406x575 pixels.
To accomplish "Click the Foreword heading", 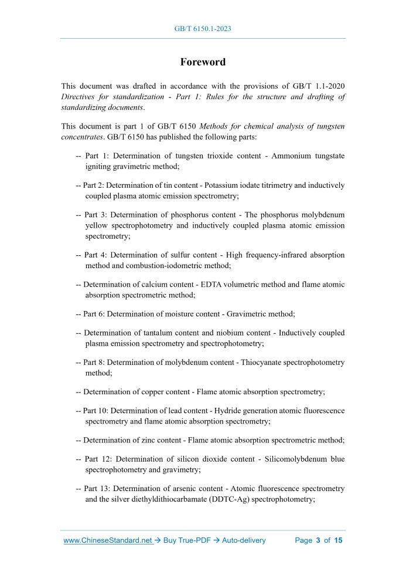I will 203,62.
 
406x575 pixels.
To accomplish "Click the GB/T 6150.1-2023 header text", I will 203,27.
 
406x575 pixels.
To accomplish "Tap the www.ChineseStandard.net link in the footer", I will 108,540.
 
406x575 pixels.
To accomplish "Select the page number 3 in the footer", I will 318,540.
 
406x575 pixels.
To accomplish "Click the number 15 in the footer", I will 338,540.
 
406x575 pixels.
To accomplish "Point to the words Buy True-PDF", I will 186,540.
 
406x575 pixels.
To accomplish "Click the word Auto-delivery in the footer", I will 244,540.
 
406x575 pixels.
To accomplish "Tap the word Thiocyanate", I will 260,363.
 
